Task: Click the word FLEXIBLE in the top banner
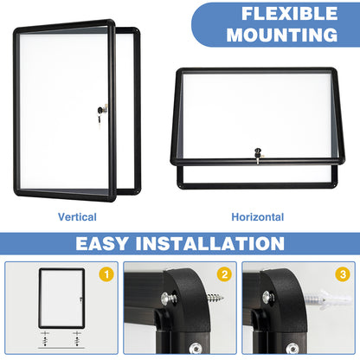click(x=290, y=15)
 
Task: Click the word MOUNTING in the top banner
click(x=289, y=35)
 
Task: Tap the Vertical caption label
click(x=77, y=217)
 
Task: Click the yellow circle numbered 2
click(x=223, y=274)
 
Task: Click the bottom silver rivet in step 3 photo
click(x=294, y=349)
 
